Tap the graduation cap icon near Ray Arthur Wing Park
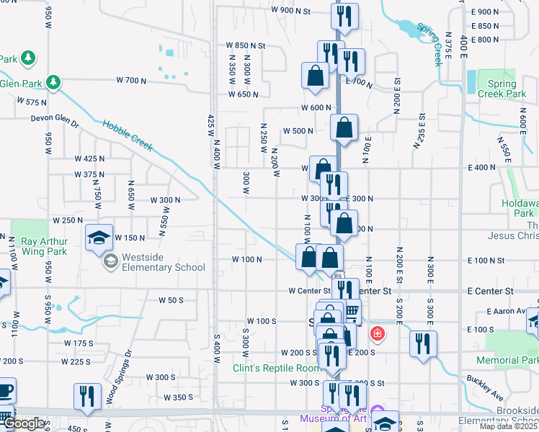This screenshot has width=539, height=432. point(99,238)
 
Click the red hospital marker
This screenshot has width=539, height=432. point(376,334)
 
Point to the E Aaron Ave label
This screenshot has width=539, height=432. point(508,311)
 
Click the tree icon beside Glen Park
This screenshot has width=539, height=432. point(53,82)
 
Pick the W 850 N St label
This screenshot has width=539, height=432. point(246,45)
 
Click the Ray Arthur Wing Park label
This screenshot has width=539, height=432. point(44,246)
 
